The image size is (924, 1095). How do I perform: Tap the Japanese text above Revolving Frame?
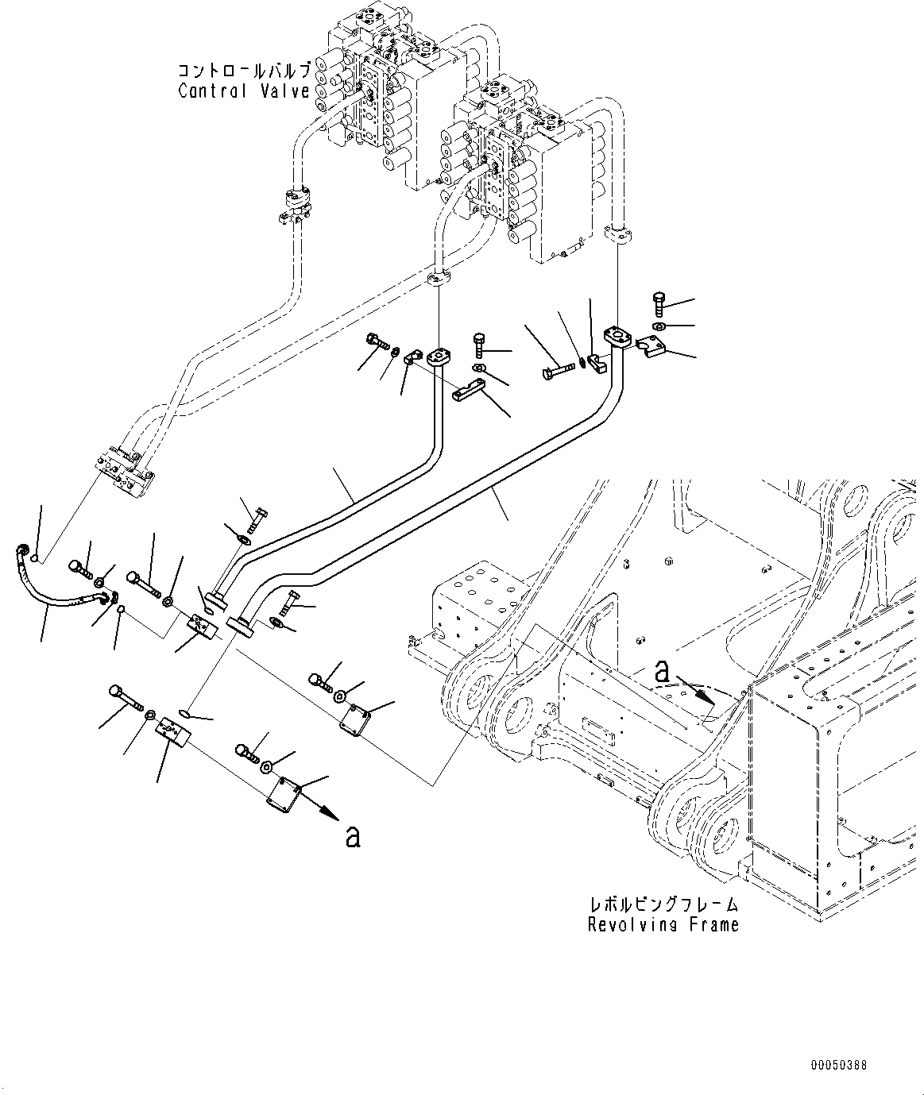click(x=663, y=904)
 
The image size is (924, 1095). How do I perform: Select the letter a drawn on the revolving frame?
click(x=662, y=672)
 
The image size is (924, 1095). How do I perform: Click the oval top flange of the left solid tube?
click(x=437, y=359)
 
